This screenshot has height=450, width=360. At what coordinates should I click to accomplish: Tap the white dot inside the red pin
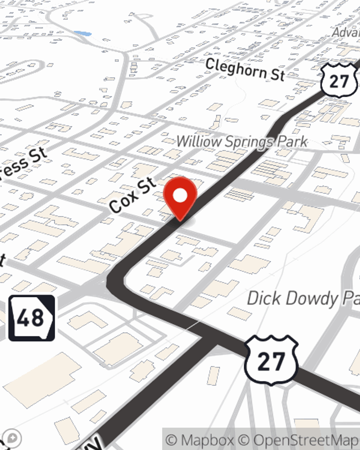(x=180, y=196)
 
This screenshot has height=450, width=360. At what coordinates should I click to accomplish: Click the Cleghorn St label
(x=245, y=69)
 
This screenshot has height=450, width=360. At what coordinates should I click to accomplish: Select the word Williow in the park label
(x=198, y=141)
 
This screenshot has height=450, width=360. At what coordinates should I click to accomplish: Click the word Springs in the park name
(x=249, y=142)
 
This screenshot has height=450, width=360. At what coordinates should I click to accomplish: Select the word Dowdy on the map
(x=308, y=299)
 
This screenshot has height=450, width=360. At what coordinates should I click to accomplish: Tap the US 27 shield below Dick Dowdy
(x=271, y=360)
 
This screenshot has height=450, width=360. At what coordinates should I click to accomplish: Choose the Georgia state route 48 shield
(x=32, y=318)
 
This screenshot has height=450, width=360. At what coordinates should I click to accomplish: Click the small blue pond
(x=83, y=34)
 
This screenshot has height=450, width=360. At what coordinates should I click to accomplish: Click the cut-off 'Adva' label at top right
(x=346, y=32)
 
